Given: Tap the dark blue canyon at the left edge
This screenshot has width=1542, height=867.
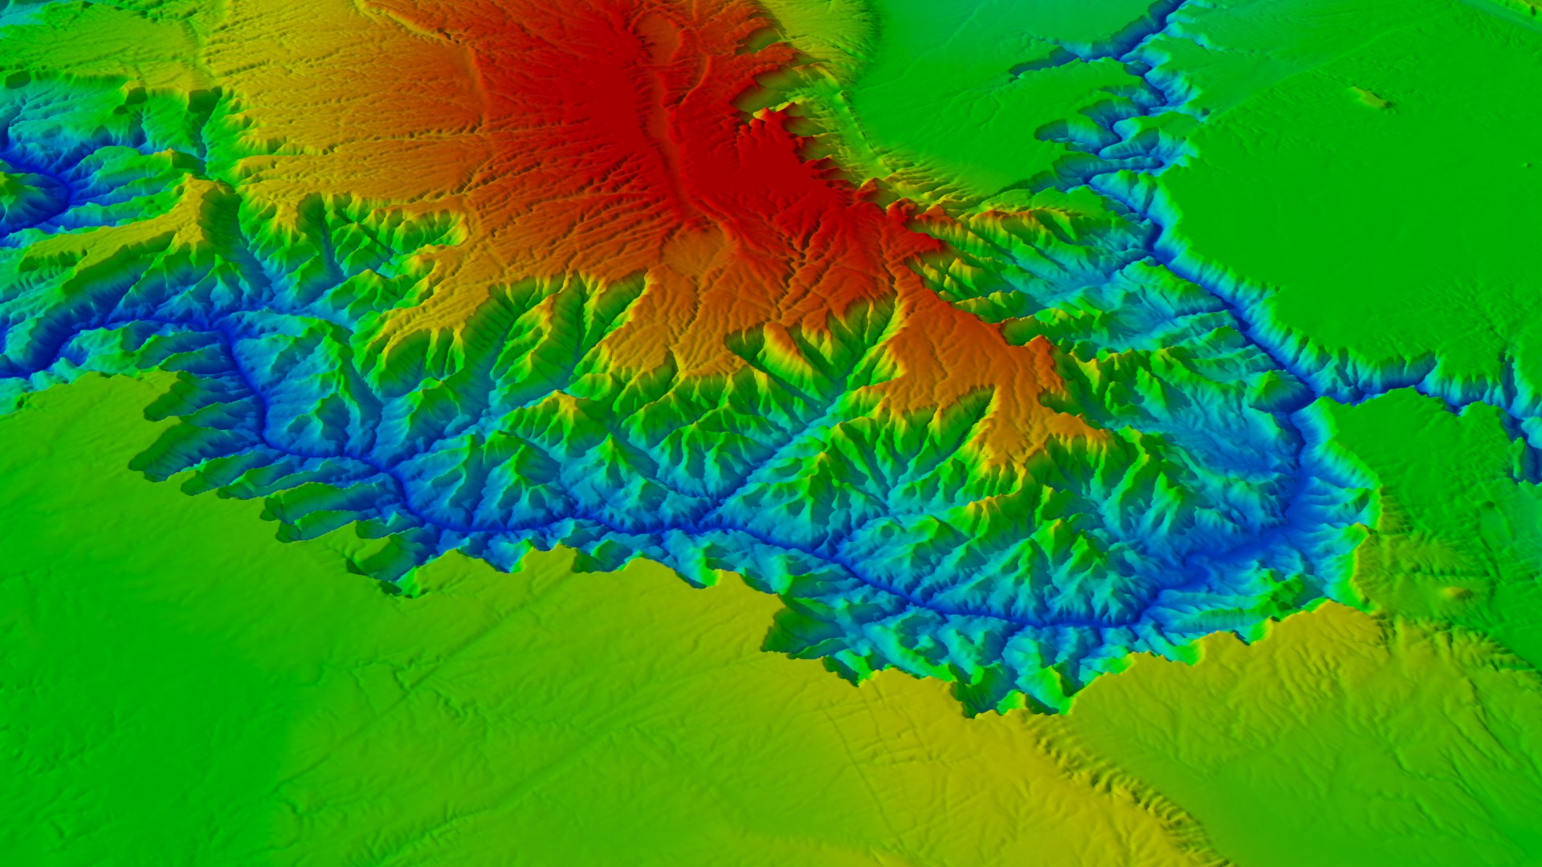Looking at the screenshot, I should coord(32,193).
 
